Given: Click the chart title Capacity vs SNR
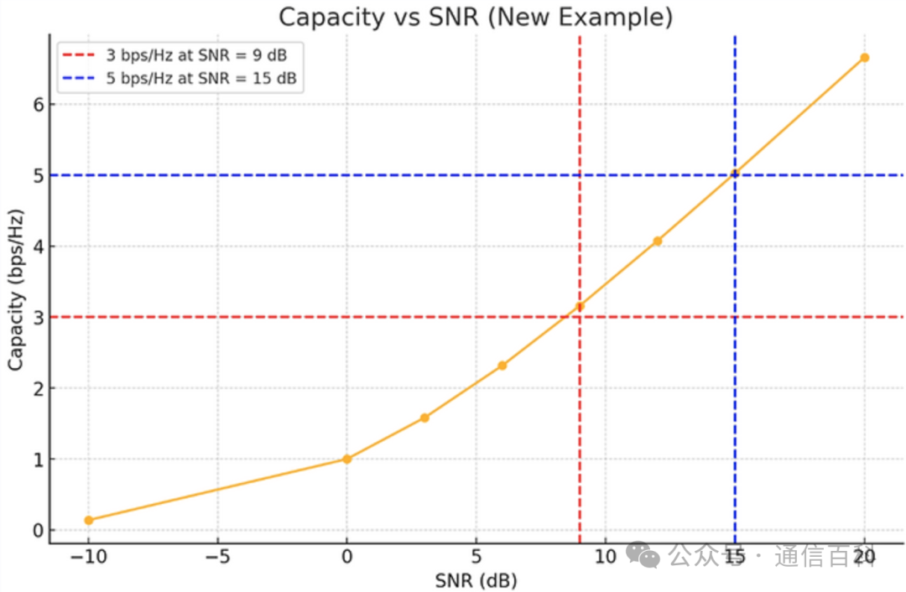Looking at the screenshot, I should [476, 18].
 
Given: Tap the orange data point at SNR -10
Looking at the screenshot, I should [89, 520].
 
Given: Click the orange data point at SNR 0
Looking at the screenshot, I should [346, 459].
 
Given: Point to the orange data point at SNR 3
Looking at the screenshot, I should [424, 418].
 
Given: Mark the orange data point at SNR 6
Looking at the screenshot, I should [502, 366].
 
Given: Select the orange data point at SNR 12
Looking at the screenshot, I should [657, 241].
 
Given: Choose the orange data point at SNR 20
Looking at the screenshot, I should [864, 58].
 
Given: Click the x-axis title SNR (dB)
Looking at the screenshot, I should [476, 580].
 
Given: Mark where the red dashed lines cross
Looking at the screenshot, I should [580, 317].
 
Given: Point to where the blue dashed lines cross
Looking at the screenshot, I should [735, 175].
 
